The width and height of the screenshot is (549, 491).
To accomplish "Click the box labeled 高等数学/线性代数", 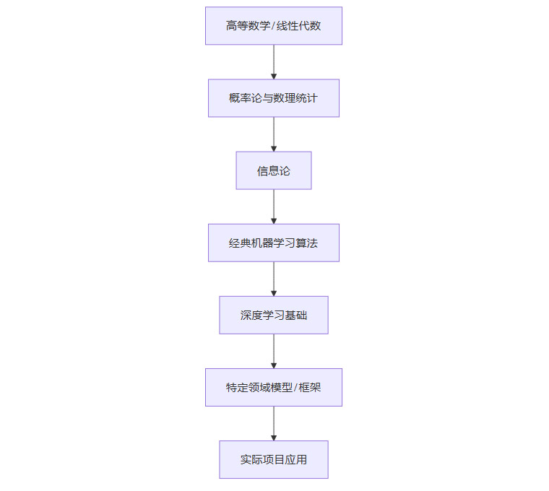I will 273,26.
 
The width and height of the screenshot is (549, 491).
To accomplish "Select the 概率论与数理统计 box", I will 273,98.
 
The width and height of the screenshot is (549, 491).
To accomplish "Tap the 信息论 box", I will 273,170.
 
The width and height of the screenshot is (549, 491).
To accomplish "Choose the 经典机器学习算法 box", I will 273,243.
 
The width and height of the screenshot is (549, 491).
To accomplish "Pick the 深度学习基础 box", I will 273,315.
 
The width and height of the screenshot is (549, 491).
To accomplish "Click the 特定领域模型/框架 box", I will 273,387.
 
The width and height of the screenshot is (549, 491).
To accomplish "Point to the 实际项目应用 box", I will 273,459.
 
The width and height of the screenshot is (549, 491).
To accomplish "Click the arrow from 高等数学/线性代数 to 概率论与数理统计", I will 274,62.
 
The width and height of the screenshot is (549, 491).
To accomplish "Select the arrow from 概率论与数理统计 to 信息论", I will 274,134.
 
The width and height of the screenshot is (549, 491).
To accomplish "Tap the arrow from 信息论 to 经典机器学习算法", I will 274,207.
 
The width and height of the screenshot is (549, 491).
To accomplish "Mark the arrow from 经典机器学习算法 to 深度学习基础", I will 274,279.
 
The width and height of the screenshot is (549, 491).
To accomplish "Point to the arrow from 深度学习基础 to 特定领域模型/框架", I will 274,351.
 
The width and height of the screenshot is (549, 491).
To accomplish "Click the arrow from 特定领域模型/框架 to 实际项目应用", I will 274,423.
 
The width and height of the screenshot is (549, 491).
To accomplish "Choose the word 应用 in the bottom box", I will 295,460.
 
